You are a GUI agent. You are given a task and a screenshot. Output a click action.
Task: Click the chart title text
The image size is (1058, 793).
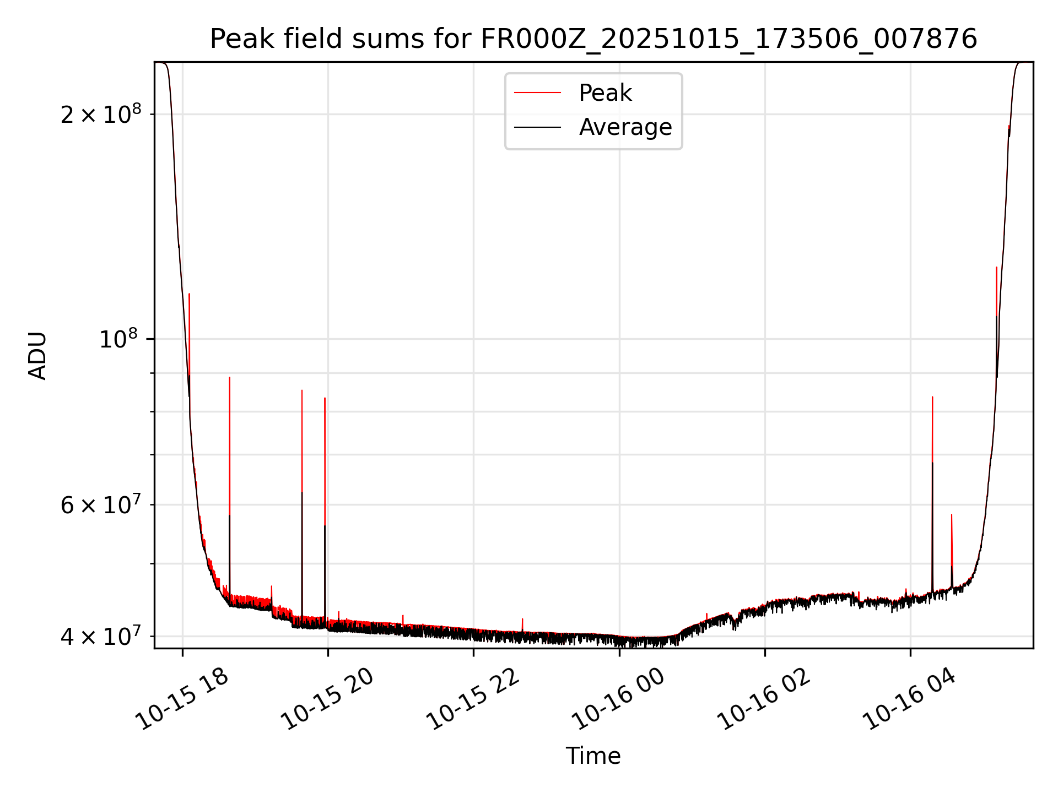pyautogui.click(x=593, y=39)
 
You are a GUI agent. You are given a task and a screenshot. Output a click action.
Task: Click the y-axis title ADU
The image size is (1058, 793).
pyautogui.click(x=37, y=356)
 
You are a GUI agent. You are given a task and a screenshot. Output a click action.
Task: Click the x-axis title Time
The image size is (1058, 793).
pyautogui.click(x=593, y=756)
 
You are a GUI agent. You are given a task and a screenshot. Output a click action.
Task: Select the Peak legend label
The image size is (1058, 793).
pyautogui.click(x=605, y=93)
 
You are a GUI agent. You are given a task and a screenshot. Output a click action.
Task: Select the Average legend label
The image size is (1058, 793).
pyautogui.click(x=625, y=127)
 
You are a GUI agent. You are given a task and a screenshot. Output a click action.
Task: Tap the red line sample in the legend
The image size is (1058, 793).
pyautogui.click(x=537, y=93)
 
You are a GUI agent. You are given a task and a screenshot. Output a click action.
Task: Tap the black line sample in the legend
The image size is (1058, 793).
pyautogui.click(x=537, y=127)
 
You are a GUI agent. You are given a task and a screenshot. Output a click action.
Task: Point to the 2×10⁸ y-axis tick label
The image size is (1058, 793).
pyautogui.click(x=101, y=115)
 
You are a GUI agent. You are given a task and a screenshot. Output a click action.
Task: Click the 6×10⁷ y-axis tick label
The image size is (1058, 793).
pyautogui.click(x=101, y=504)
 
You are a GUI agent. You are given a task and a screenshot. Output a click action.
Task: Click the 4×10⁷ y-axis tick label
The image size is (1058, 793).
pyautogui.click(x=101, y=636)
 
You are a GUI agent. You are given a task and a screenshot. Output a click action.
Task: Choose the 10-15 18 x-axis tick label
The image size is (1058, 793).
pyautogui.click(x=182, y=699)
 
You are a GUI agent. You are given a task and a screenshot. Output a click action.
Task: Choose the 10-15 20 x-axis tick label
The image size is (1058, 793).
pyautogui.click(x=327, y=699)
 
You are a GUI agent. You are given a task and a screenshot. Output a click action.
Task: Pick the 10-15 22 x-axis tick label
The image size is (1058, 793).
pyautogui.click(x=473, y=699)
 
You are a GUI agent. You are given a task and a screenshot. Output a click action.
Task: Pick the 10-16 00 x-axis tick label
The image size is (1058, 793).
pyautogui.click(x=618, y=699)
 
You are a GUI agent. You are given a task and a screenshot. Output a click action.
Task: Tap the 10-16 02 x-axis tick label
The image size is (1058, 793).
pyautogui.click(x=764, y=699)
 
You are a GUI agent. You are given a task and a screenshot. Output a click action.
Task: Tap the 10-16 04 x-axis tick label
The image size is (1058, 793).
pyautogui.click(x=910, y=699)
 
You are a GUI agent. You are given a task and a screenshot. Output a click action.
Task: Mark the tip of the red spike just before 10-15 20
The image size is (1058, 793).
pyautogui.click(x=325, y=398)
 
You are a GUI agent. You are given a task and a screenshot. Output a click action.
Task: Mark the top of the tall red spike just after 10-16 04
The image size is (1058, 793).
pyautogui.click(x=932, y=397)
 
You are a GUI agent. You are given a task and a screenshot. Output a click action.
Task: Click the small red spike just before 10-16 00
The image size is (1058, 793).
pyautogui.click(x=522, y=620)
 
